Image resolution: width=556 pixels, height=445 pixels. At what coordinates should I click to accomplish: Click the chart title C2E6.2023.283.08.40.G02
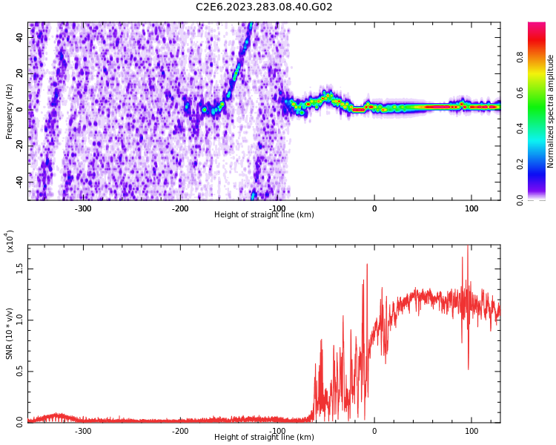(264, 7)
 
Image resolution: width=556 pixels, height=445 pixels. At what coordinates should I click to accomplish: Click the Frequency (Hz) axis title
(10, 111)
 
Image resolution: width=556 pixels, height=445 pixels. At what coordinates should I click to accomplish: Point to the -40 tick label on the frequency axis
(19, 182)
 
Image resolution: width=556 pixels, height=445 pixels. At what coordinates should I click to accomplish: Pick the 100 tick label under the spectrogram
(471, 208)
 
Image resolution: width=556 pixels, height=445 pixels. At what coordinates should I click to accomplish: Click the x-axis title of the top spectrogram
(264, 215)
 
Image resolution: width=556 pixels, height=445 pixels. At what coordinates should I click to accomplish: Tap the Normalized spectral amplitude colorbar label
(551, 111)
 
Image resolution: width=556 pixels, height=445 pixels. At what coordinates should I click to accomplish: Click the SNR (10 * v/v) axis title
(10, 334)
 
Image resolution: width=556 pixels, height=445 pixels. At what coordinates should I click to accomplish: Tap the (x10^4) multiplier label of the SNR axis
(10, 241)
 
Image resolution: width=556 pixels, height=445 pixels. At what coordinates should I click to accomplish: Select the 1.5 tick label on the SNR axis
(19, 269)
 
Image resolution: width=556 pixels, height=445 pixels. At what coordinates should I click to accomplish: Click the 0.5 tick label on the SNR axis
(19, 372)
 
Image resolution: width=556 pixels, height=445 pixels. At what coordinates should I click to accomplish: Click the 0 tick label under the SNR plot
(374, 431)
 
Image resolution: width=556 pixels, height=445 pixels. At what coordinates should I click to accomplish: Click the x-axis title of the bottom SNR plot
(264, 438)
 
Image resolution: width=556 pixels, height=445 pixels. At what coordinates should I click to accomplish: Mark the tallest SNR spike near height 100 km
(468, 248)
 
